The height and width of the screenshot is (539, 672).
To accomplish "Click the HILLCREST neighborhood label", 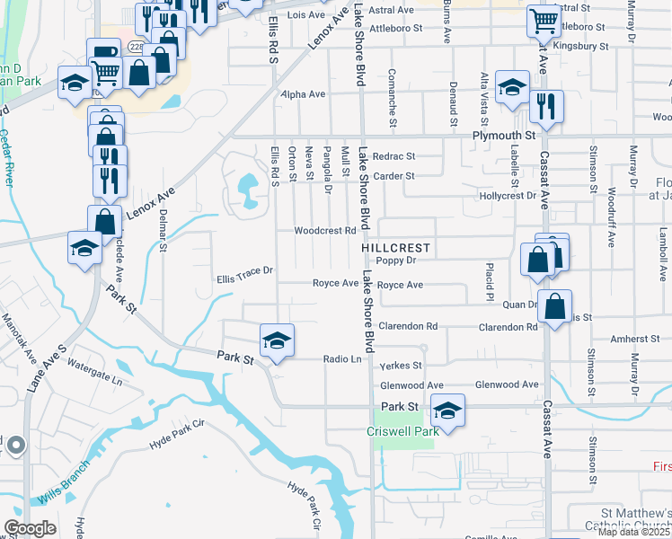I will [x=396, y=247].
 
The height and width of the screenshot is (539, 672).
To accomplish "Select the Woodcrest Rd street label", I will [x=326, y=230].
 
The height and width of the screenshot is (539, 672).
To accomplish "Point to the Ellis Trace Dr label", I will [x=244, y=280].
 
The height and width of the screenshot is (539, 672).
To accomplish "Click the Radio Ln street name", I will [x=342, y=359].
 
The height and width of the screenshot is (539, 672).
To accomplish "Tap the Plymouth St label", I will [x=503, y=135].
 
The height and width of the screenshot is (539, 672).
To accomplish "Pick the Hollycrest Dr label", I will [x=508, y=195].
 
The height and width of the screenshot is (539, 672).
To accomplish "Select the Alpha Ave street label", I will [x=303, y=93].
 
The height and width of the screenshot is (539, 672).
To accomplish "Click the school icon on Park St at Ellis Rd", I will [x=278, y=340].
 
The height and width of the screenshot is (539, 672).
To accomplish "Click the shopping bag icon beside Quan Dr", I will [x=555, y=305].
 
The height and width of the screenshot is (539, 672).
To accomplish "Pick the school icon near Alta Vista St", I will [x=512, y=86].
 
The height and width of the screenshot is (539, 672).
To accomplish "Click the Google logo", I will [x=30, y=528].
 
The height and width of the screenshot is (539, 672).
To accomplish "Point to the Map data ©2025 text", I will [x=634, y=531].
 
